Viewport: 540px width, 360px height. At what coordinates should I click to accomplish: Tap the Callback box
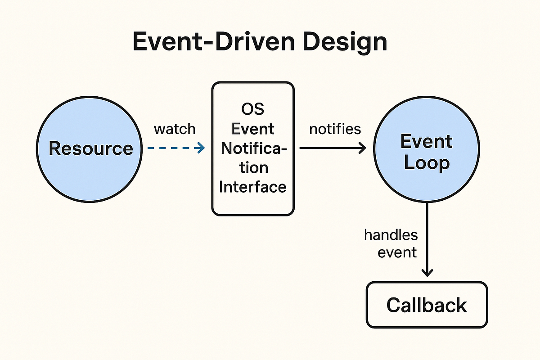[x=426, y=305]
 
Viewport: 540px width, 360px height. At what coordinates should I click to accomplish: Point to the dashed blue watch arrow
[x=173, y=148]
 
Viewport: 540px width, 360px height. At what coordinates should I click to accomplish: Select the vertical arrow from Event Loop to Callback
[x=427, y=238]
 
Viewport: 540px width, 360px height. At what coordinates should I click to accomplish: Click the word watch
[x=175, y=129]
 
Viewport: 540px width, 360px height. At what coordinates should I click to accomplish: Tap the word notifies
[x=335, y=129]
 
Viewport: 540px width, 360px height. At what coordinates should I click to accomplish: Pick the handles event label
[x=391, y=243]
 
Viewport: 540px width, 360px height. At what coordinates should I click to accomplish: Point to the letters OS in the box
[x=253, y=109]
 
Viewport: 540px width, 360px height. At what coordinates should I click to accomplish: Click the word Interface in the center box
[x=253, y=186]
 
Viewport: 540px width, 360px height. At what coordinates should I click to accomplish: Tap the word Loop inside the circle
[x=426, y=162]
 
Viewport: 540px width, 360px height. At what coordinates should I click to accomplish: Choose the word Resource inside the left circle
[x=91, y=148]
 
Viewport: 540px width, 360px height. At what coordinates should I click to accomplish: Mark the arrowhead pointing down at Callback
[x=427, y=273]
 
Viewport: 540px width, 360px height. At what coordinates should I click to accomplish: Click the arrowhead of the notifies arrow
[x=363, y=148]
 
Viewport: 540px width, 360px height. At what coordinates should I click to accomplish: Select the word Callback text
[x=426, y=305]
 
